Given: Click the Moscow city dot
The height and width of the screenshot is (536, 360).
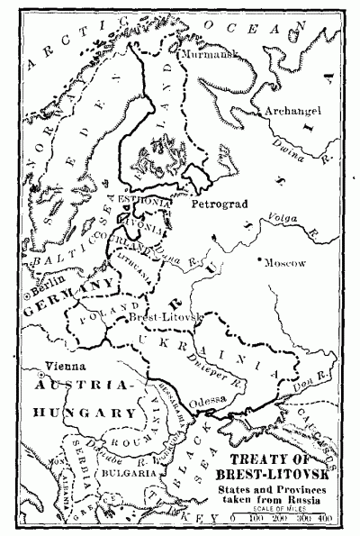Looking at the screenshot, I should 259,261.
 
